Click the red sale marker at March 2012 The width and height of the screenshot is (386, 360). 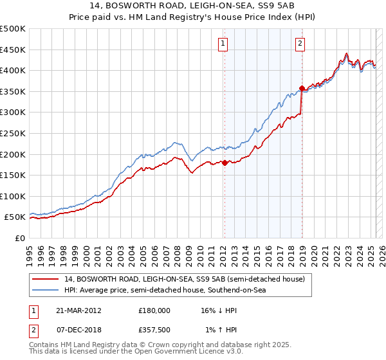(225, 163)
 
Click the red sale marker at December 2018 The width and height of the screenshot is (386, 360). (301, 87)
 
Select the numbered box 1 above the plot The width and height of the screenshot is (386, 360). (223, 44)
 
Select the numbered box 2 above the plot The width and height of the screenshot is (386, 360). (300, 44)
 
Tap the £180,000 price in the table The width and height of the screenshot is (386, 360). (154, 310)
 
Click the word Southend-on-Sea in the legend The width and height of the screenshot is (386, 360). (241, 290)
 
